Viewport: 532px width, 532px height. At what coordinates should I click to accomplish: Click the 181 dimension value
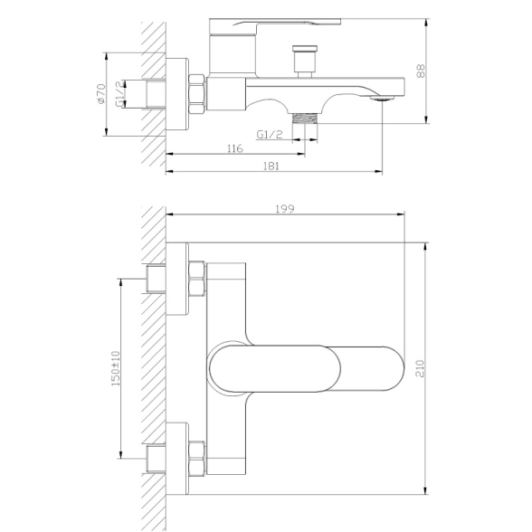click(x=271, y=166)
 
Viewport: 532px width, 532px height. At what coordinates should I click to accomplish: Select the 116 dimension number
click(x=235, y=148)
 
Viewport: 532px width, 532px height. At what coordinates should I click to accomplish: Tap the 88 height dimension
click(x=421, y=71)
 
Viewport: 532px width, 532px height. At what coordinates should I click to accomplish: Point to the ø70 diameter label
click(x=101, y=94)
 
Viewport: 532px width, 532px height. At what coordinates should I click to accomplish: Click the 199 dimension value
click(x=285, y=209)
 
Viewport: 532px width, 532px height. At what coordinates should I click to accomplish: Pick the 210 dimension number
click(x=421, y=369)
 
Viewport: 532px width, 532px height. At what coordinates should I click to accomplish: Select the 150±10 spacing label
click(x=116, y=368)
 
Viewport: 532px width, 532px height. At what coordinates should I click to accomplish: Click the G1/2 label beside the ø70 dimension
click(x=120, y=94)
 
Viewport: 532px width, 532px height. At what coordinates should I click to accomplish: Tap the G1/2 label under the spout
click(x=270, y=135)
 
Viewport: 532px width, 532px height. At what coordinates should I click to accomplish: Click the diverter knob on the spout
click(x=305, y=62)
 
